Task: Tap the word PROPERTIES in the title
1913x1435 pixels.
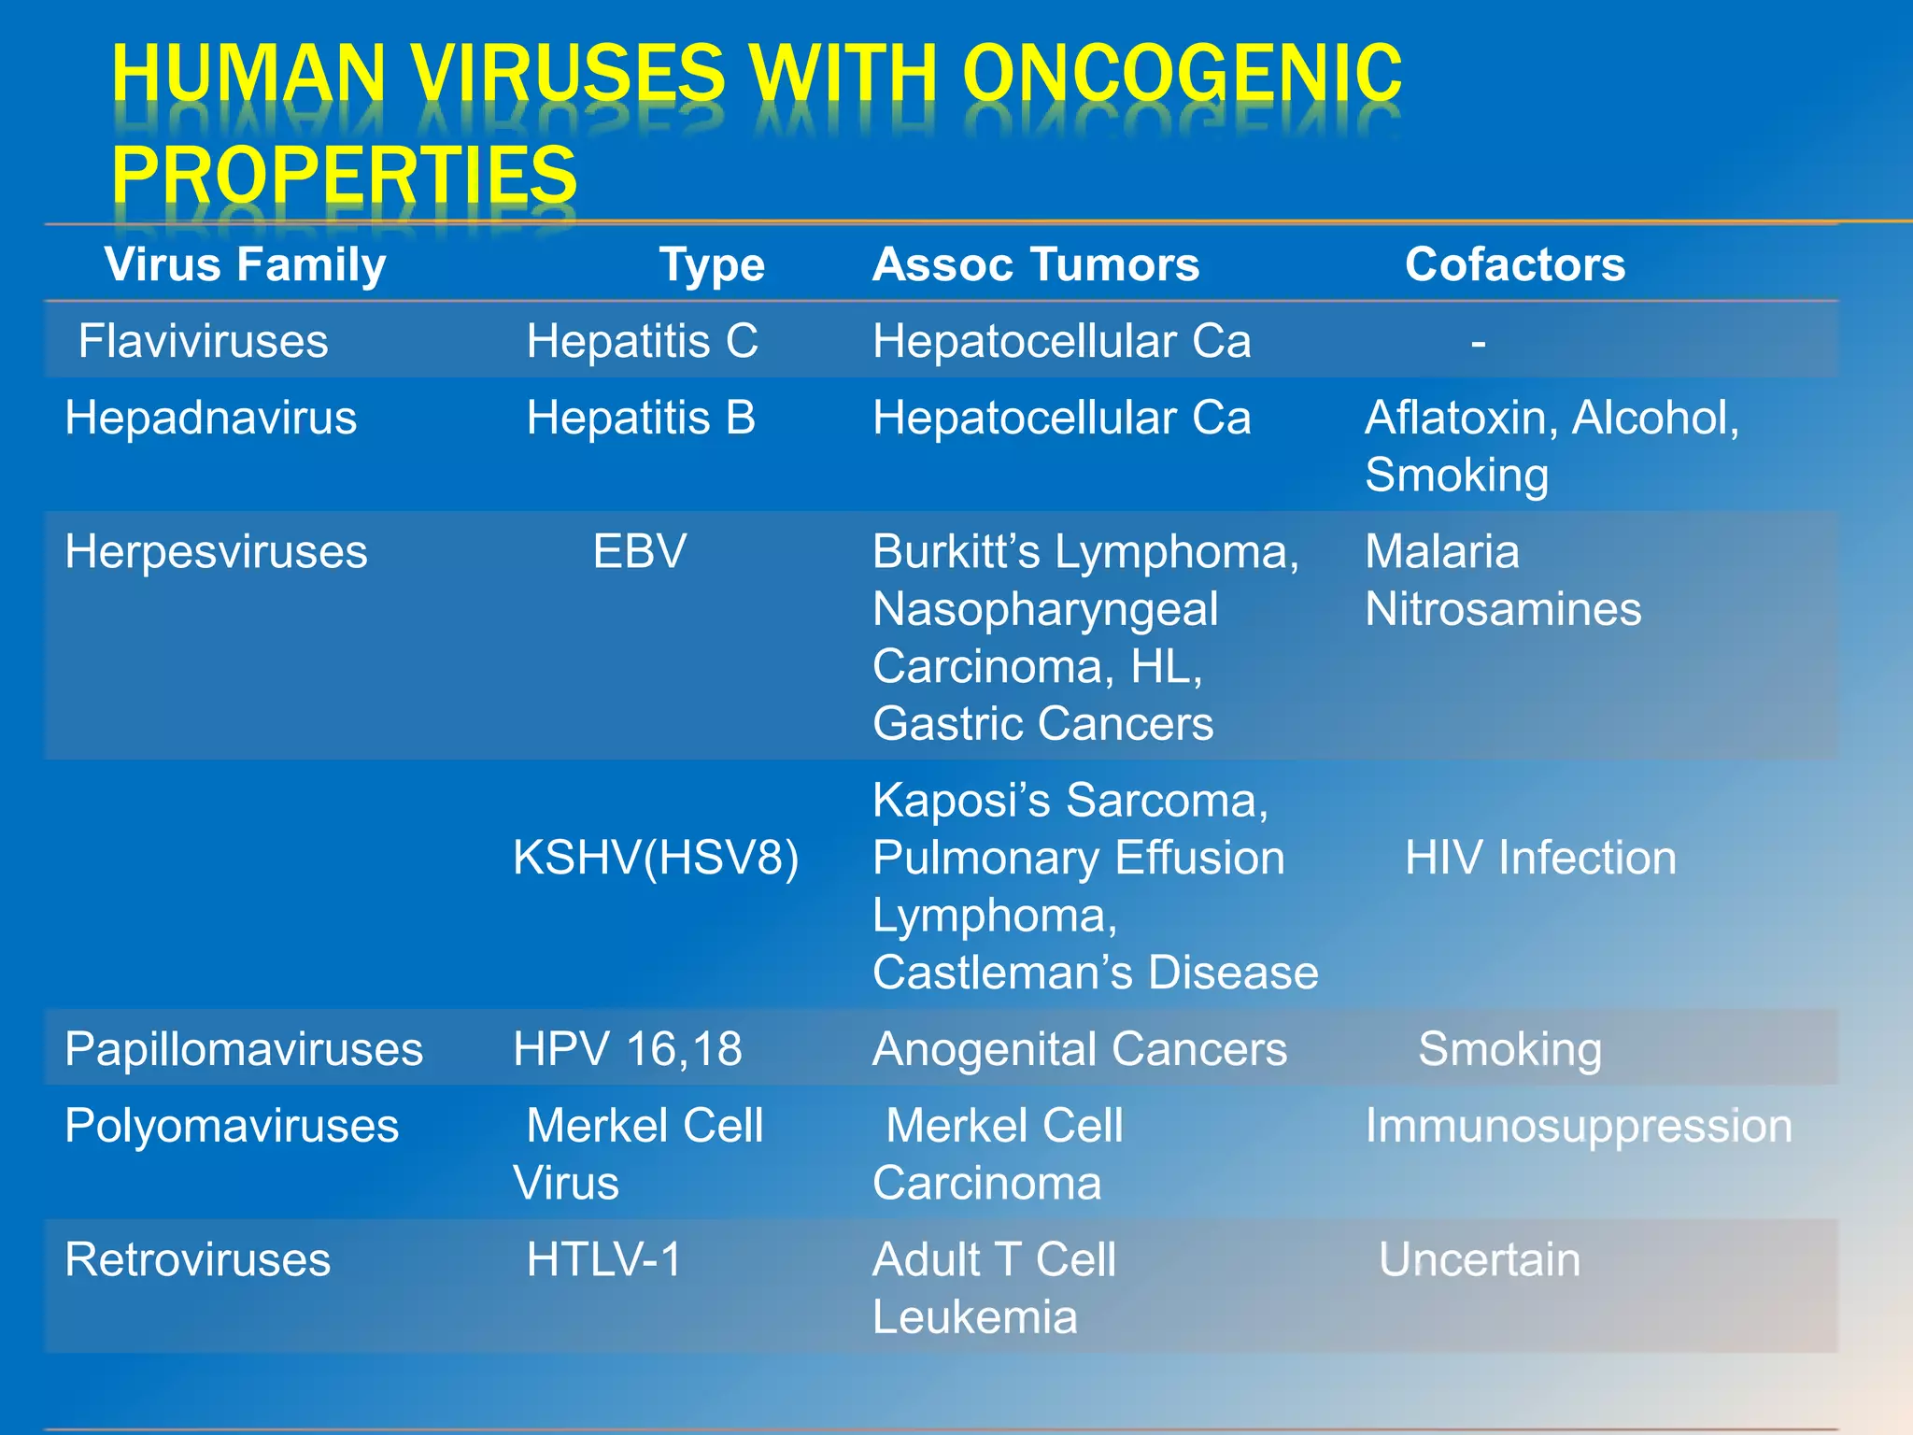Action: click(344, 175)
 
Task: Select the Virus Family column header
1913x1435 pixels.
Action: click(245, 264)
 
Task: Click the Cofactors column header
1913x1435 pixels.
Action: click(1514, 264)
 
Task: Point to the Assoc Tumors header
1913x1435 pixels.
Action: click(1035, 264)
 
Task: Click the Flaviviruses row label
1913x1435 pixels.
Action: click(203, 341)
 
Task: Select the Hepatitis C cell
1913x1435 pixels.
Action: click(642, 341)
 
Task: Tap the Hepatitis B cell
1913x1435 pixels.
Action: click(641, 418)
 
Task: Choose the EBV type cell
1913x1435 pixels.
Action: click(640, 551)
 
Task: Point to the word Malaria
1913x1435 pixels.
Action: click(1441, 551)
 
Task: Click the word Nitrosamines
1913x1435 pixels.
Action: click(1502, 609)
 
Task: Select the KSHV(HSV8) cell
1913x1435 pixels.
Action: click(656, 858)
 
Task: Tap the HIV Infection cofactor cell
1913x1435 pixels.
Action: click(1540, 858)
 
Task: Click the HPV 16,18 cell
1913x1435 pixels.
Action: click(627, 1049)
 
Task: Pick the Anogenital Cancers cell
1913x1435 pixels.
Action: click(1079, 1049)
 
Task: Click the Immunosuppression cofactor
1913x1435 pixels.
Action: click(1578, 1126)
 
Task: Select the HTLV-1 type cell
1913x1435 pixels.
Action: click(603, 1259)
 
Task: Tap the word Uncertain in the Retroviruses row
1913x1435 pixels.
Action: click(1479, 1259)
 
